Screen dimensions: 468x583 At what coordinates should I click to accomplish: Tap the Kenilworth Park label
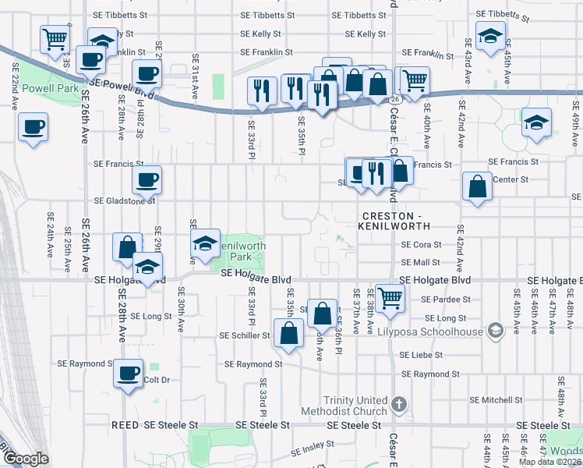coord(242,250)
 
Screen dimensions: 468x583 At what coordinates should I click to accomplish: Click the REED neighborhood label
coord(125,425)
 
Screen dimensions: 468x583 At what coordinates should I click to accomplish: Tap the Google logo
coord(25,459)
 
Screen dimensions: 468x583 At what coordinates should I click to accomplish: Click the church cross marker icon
coord(399,404)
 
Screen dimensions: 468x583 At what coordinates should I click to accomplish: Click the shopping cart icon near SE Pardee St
coord(389,296)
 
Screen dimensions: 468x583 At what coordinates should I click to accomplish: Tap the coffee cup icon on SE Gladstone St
coord(147,180)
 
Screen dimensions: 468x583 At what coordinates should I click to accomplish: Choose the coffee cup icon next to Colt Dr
coord(128,371)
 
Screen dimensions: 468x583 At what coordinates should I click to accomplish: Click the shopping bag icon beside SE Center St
coord(476,186)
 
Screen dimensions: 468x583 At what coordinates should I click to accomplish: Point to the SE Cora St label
coord(421,244)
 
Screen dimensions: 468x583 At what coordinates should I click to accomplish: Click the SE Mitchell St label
coord(496,399)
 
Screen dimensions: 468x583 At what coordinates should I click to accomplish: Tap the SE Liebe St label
coord(421,354)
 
